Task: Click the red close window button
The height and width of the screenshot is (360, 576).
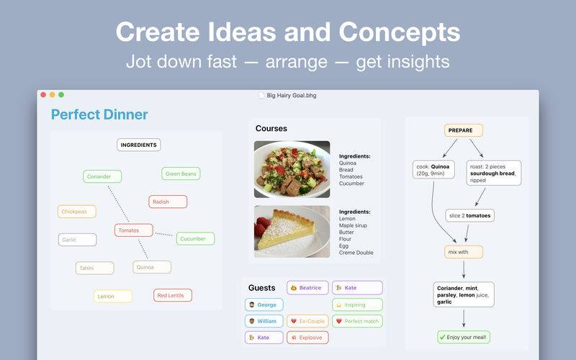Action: [x=43, y=95]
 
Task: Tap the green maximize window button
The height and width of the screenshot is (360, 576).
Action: [x=61, y=95]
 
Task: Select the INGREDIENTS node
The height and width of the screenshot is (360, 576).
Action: [x=139, y=145]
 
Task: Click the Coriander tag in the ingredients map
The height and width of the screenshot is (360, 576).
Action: [x=102, y=176]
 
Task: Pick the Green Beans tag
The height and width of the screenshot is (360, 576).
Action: [x=181, y=174]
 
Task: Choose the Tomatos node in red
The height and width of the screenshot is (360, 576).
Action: [x=134, y=230]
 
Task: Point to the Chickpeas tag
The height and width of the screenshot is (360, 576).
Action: [x=77, y=212]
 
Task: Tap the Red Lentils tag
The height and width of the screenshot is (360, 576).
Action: [x=173, y=295]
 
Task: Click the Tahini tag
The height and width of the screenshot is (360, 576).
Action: [x=95, y=268]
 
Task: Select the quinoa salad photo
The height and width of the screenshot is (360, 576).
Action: [x=292, y=170]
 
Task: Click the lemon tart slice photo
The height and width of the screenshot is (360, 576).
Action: [x=292, y=231]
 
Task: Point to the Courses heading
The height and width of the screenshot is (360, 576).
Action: [x=271, y=129]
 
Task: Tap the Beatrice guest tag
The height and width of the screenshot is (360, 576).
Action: [x=308, y=287]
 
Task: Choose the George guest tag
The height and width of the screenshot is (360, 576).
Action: [x=264, y=305]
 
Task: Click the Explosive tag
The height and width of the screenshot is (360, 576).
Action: [x=308, y=338]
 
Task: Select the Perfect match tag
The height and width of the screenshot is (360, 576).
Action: [x=357, y=321]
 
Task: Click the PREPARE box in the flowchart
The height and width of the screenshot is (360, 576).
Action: [x=464, y=130]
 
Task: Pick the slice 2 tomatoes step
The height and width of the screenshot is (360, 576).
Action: [x=470, y=215]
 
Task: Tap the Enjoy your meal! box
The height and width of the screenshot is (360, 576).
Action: [x=464, y=337]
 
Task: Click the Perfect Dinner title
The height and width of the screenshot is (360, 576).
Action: [x=99, y=114]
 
